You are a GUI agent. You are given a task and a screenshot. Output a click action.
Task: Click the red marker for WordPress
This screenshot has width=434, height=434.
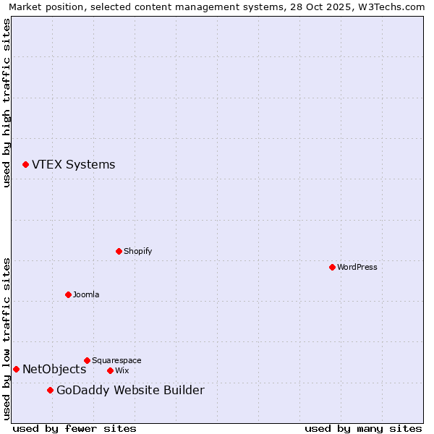[x=332, y=267]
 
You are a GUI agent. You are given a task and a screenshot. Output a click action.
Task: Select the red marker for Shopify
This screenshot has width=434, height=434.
[x=119, y=251]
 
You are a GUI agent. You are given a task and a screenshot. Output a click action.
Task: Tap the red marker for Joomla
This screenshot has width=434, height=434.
[x=68, y=294]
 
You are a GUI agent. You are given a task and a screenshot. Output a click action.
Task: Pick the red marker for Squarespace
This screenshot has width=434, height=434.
[x=87, y=360]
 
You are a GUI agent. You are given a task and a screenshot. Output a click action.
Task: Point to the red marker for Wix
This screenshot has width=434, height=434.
[x=110, y=370]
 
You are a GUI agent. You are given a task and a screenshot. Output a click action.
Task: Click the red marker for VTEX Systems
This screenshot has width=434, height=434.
[x=25, y=164]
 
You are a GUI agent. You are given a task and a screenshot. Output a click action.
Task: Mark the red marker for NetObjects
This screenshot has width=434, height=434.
[x=16, y=369]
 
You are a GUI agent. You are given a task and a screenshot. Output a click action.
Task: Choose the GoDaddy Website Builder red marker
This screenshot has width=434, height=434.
[x=50, y=391]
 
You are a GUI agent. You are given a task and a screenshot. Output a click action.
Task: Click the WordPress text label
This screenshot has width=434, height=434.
[x=357, y=267]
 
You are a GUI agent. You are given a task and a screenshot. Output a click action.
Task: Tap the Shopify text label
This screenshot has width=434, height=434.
[x=138, y=251]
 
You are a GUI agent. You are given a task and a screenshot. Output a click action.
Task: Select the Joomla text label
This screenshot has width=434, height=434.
[x=86, y=294]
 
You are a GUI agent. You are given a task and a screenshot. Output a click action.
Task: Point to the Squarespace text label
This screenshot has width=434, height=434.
[x=116, y=360]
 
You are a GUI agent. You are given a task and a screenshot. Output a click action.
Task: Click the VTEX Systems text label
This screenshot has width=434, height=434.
[x=73, y=164]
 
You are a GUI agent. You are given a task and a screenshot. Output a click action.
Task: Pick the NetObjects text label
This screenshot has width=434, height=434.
[x=54, y=369]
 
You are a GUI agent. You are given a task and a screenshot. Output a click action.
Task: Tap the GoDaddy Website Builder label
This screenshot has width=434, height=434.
[x=130, y=391]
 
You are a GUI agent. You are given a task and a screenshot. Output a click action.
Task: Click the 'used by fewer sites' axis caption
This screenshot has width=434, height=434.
[x=75, y=428]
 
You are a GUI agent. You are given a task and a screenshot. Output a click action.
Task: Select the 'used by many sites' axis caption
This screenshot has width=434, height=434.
[x=363, y=428]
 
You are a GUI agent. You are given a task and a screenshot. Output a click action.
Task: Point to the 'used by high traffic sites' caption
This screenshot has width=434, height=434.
[x=7, y=103]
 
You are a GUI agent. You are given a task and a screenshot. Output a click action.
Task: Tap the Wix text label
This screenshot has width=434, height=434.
[x=122, y=370]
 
